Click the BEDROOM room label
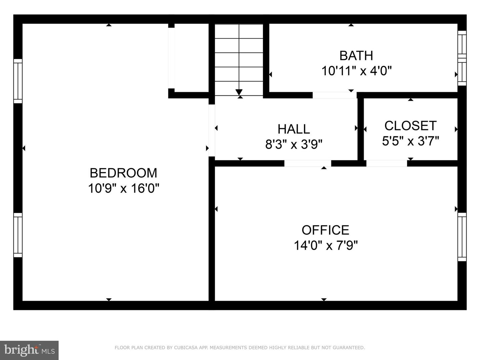123,173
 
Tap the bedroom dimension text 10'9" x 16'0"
123,189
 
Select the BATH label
356,56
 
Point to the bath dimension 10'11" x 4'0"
356,71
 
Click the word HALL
294,129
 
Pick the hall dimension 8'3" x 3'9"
294,145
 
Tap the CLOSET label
410,126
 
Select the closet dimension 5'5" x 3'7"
410,141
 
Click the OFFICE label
325,230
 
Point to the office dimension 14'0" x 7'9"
325,246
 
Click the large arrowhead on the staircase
239,92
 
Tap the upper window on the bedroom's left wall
18,81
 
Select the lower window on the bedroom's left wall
18,235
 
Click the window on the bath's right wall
462,58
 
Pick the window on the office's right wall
462,237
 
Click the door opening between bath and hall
334,95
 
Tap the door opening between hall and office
307,163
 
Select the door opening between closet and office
387,163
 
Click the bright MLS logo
29,350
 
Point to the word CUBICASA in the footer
186,348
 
